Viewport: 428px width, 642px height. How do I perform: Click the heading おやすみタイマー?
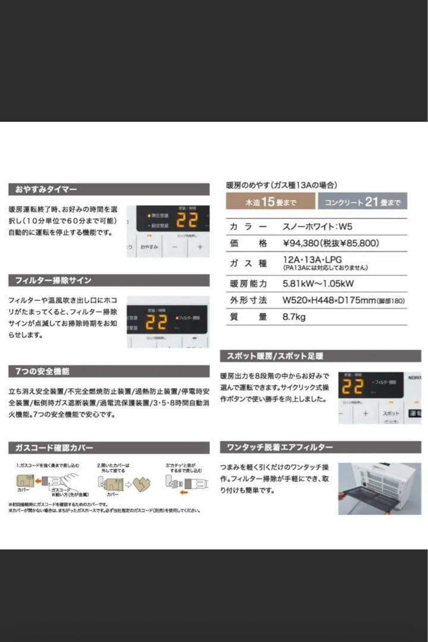[x=42, y=190]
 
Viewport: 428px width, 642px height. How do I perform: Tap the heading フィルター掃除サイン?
[x=50, y=280]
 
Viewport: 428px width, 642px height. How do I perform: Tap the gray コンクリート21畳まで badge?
[x=362, y=202]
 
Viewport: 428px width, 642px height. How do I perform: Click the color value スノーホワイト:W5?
[x=321, y=226]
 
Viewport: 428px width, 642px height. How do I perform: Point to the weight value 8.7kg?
[x=294, y=317]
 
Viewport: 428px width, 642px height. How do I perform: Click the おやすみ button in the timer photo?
[x=149, y=246]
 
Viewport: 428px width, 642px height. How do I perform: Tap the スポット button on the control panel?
[x=391, y=413]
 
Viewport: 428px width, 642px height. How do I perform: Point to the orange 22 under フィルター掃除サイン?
[x=156, y=322]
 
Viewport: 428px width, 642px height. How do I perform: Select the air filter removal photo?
[x=379, y=488]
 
